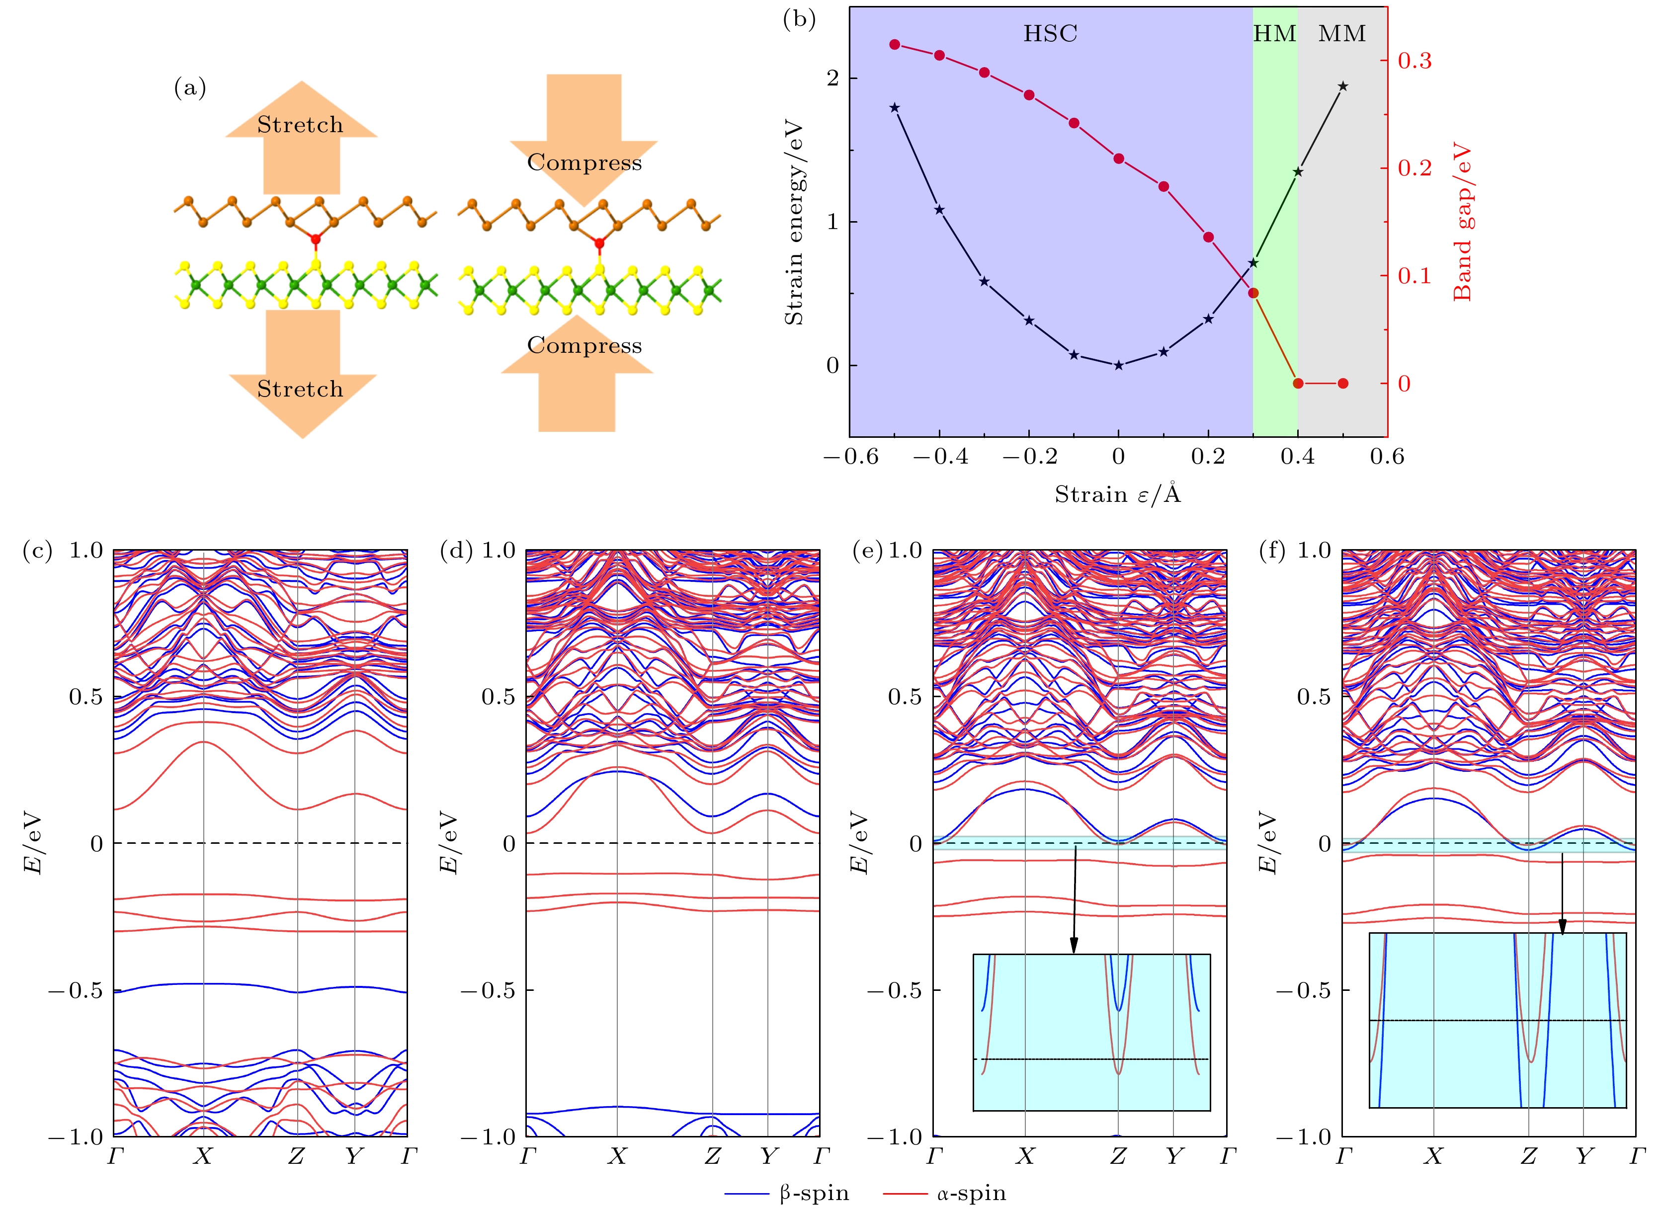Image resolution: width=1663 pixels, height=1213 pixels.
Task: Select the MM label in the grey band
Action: pyautogui.click(x=1341, y=34)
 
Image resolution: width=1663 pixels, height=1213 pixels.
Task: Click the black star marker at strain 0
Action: pyautogui.click(x=1118, y=365)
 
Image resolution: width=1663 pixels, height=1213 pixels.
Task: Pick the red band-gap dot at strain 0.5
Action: pyautogui.click(x=1343, y=383)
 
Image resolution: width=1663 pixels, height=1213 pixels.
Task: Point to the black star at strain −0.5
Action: pyautogui.click(x=894, y=108)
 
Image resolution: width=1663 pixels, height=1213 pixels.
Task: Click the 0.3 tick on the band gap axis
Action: pyautogui.click(x=1414, y=61)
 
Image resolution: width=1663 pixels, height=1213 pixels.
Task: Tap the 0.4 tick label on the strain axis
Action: pyautogui.click(x=1297, y=457)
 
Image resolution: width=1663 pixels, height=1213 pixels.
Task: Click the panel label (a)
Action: pyautogui.click(x=189, y=88)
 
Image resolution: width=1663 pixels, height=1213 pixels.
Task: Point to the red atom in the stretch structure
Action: pyautogui.click(x=316, y=239)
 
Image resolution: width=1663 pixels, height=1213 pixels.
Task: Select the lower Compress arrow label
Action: pyautogui.click(x=584, y=345)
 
